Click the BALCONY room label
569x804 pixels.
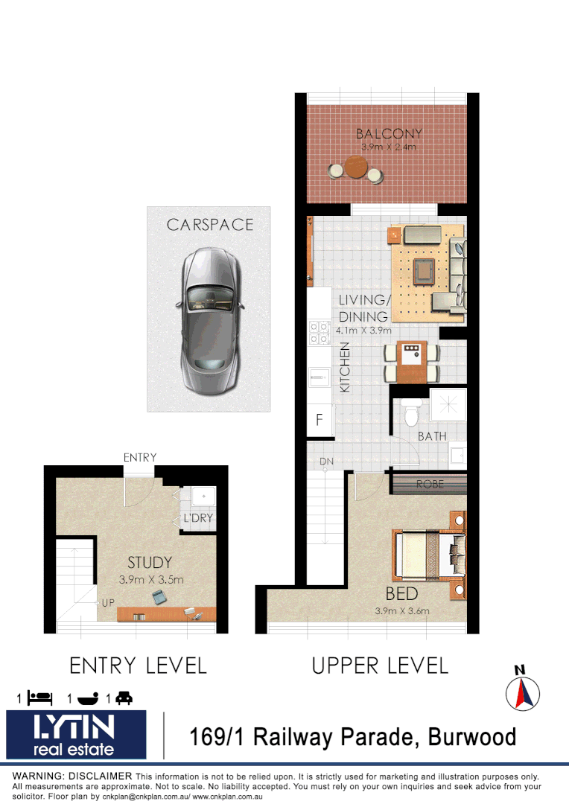(389, 134)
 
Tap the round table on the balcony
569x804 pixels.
(356, 169)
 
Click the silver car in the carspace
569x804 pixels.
(209, 319)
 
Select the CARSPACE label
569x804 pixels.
(209, 224)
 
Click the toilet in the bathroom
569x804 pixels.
(408, 413)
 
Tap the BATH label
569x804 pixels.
(432, 435)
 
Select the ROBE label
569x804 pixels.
(430, 484)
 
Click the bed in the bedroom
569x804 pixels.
(429, 555)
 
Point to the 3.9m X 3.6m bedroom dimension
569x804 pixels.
(402, 611)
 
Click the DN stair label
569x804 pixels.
(326, 462)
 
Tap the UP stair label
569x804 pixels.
(108, 602)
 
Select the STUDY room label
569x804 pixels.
(150, 563)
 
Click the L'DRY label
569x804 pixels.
(197, 518)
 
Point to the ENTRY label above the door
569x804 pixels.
(140, 457)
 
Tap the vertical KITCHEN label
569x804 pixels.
(345, 367)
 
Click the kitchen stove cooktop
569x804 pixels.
(320, 332)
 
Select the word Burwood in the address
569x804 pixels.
(468, 737)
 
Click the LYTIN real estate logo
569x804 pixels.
(77, 735)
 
